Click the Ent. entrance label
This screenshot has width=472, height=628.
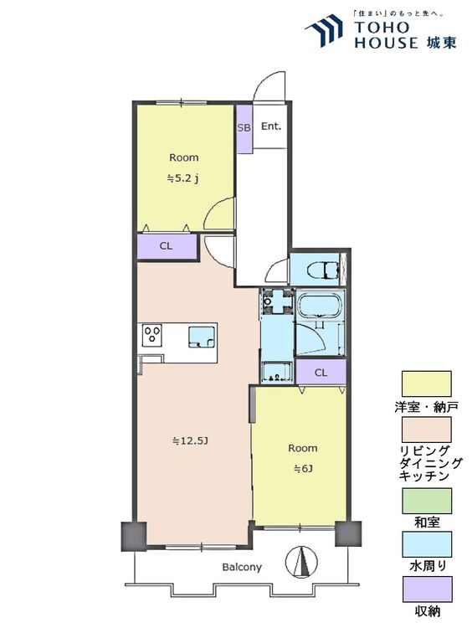[271, 126]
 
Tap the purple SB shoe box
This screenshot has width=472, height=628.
[244, 128]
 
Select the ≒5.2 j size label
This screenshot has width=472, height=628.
[183, 179]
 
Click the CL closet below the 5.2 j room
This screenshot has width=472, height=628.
[167, 246]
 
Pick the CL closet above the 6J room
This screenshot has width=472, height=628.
[321, 373]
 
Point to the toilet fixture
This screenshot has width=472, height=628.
[324, 270]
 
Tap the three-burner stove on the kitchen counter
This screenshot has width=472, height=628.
[152, 334]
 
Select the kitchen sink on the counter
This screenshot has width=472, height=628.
[202, 336]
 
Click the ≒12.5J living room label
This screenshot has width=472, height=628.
[190, 441]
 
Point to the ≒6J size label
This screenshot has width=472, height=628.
[303, 468]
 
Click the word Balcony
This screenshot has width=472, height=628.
[242, 567]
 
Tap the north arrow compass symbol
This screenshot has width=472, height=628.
[301, 562]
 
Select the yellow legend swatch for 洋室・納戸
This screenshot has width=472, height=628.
[426, 384]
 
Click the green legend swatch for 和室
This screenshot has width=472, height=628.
[427, 501]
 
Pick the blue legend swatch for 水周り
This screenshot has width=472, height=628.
[427, 544]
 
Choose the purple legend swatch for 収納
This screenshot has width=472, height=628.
[428, 589]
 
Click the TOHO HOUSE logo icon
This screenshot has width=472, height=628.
[325, 30]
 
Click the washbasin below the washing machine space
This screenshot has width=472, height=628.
[276, 371]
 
